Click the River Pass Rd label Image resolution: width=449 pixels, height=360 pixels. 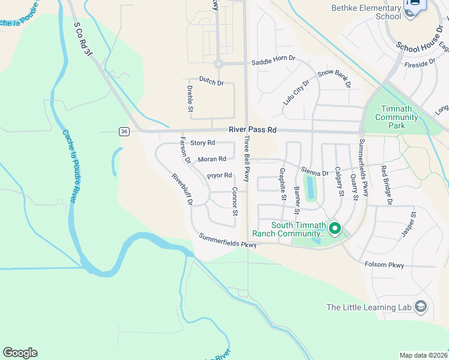click(x=252, y=130)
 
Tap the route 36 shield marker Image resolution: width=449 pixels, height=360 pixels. click(x=124, y=131)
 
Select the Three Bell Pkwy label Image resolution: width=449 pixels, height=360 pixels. click(x=246, y=159)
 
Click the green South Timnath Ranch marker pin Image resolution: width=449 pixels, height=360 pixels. click(x=334, y=229)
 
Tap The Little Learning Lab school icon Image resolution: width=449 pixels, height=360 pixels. click(x=421, y=307)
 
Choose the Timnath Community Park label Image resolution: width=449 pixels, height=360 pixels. click(x=396, y=117)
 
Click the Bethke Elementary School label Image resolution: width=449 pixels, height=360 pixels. click(x=366, y=12)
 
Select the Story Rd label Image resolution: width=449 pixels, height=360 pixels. click(x=202, y=143)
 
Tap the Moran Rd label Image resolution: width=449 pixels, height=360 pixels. click(x=212, y=159)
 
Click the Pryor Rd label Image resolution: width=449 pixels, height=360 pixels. click(x=219, y=175)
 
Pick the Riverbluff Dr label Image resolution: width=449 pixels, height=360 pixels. click(x=182, y=190)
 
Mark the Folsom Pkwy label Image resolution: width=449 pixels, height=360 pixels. click(x=384, y=265)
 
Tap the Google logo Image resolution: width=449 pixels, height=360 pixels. click(x=20, y=353)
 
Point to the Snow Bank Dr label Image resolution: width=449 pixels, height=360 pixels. click(x=334, y=77)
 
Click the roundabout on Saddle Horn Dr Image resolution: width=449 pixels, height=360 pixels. click(x=218, y=64)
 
